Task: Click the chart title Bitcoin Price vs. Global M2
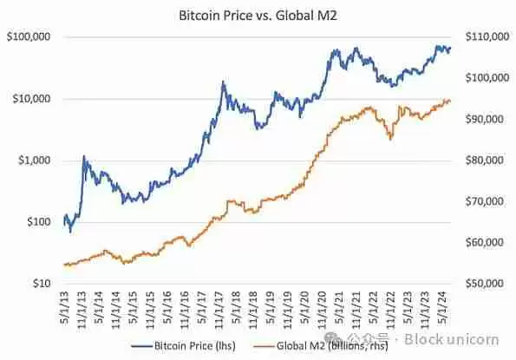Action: coord(258,16)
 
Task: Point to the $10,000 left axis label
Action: coord(30,99)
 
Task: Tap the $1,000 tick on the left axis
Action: coord(33,160)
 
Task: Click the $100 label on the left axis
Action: coord(36,222)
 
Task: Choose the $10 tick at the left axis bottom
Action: coord(39,284)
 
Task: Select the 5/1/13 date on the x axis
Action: coord(66,304)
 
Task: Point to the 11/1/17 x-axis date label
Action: coord(221,306)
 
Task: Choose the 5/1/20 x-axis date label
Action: coord(308,304)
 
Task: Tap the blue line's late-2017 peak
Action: coord(223,82)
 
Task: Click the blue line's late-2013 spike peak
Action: coord(84,157)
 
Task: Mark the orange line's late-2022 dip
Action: coord(391,138)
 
